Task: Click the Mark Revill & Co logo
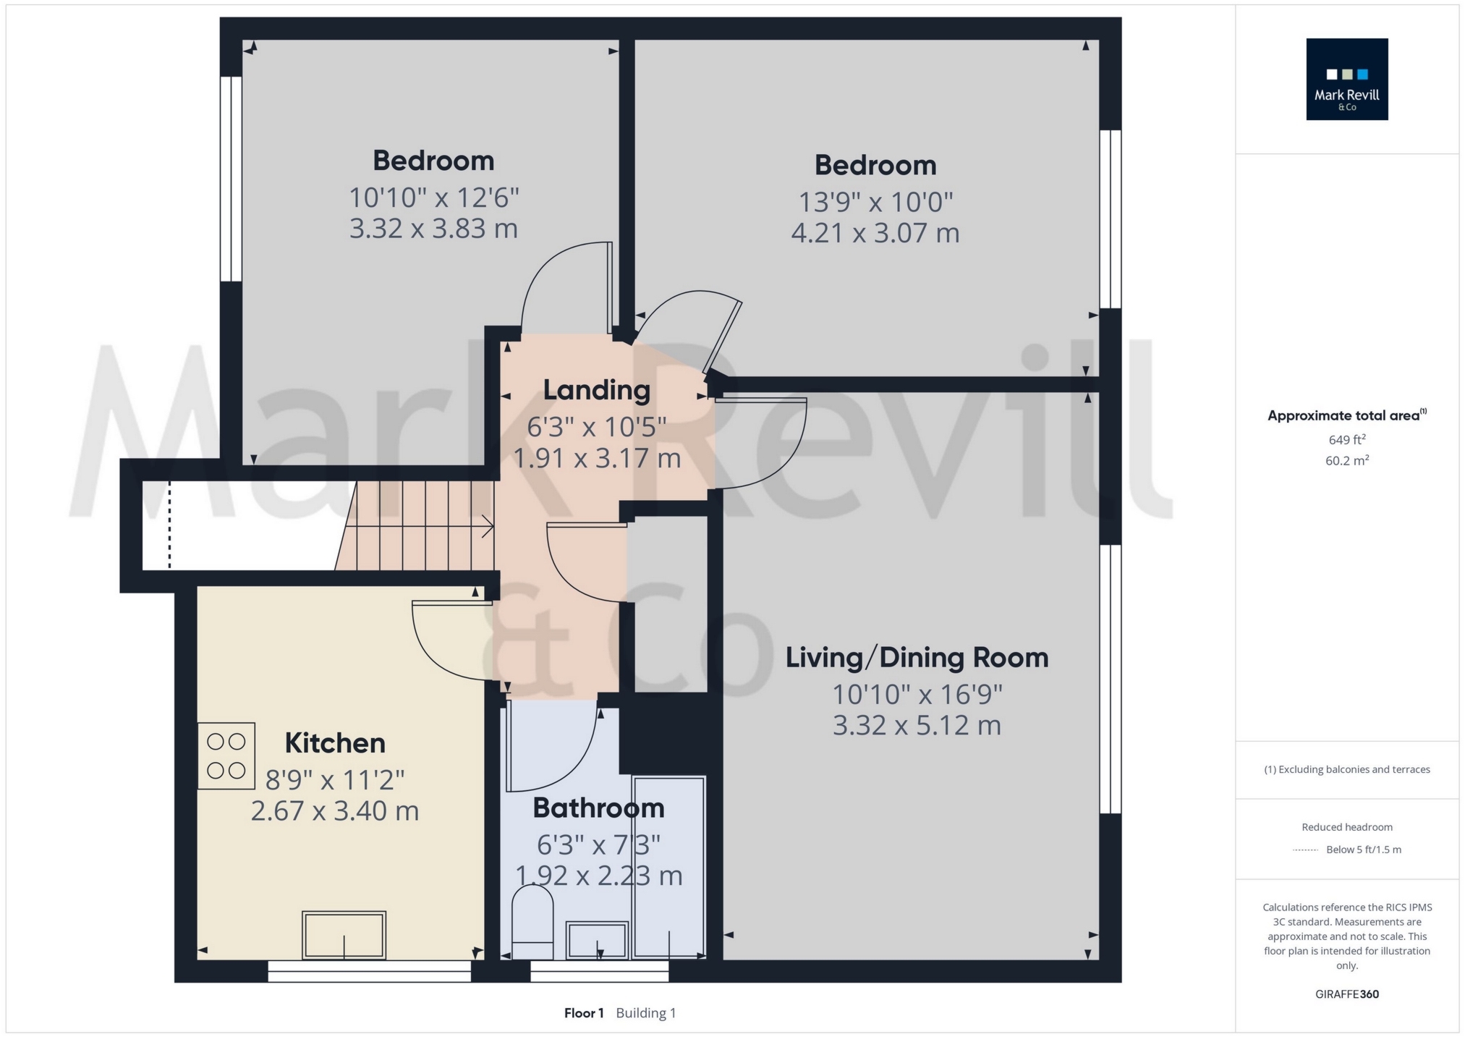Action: (1346, 79)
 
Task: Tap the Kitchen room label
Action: (334, 743)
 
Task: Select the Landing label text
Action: (596, 390)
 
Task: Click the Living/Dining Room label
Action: (917, 657)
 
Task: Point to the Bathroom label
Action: (598, 808)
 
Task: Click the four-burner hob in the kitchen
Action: (226, 755)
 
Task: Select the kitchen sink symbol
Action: (344, 935)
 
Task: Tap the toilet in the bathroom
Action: (532, 923)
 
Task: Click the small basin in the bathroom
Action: (596, 940)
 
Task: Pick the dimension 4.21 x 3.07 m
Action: (875, 233)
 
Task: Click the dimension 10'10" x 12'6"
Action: (433, 197)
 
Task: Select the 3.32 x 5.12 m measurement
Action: (917, 725)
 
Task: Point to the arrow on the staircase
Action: (487, 527)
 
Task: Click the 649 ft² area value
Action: (1346, 439)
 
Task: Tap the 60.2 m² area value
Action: (1346, 460)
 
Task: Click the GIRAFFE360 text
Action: (1346, 994)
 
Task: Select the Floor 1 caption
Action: (583, 1012)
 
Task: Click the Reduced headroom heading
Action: (1346, 826)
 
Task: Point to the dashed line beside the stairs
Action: (170, 525)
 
